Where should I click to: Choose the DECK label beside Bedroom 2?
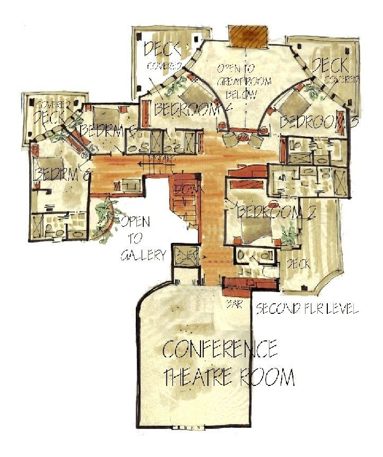coord(299,263)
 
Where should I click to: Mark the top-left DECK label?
coord(163,49)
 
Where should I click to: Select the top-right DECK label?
coord(330,65)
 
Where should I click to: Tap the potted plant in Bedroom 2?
coord(289,234)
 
